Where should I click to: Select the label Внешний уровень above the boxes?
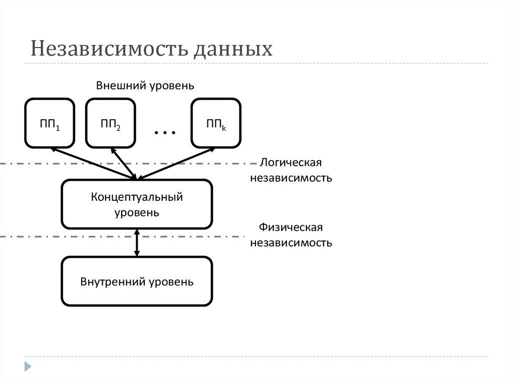(145, 85)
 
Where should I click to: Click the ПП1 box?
(50, 123)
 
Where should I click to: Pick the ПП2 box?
(110, 123)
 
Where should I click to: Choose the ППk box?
(216, 123)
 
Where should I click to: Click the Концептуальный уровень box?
(137, 204)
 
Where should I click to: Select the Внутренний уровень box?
(137, 281)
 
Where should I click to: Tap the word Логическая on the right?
(291, 163)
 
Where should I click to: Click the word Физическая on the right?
(291, 228)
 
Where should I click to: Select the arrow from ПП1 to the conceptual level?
(93, 163)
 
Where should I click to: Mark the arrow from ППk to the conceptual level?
(175, 163)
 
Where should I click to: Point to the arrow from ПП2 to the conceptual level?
(123, 163)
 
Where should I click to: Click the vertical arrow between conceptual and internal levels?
(137, 242)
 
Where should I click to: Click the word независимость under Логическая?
(291, 178)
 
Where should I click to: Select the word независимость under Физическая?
(291, 243)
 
